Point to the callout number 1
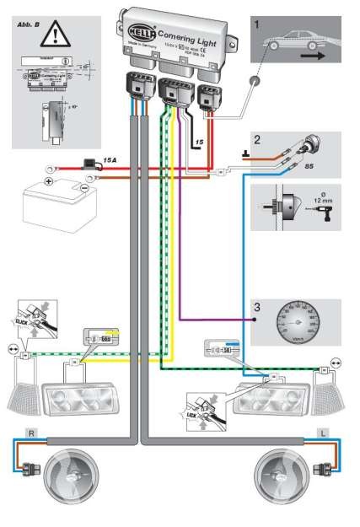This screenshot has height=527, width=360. point(256,26)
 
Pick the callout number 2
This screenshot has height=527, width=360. point(257,140)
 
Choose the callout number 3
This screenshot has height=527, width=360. point(256,309)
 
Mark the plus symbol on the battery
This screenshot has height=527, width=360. point(48,181)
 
